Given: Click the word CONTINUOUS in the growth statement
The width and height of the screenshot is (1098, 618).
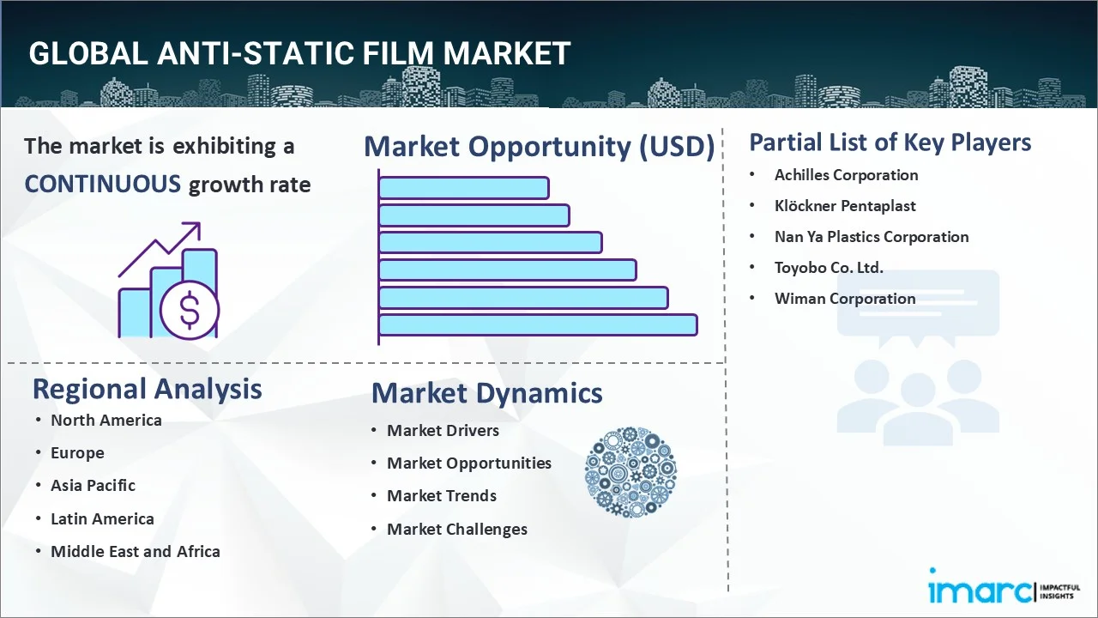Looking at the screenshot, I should point(102,184).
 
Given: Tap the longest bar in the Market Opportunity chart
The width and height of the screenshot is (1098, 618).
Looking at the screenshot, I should point(537,325).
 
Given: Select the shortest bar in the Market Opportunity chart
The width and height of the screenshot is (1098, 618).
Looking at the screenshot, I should point(463,187).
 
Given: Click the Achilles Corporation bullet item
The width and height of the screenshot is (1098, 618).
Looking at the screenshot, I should point(846,175).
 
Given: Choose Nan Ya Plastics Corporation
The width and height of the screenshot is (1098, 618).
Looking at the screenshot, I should point(871,237).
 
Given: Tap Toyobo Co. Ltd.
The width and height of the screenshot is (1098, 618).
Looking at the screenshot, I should point(828,268).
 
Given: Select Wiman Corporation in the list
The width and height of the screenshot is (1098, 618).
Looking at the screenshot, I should point(844,299).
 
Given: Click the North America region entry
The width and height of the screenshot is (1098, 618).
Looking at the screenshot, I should point(106,420).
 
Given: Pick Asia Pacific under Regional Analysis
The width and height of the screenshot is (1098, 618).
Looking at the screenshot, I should point(93,485).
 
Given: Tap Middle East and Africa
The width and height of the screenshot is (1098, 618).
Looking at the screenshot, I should point(135,551).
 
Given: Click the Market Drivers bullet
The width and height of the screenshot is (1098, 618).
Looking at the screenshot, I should point(443,430).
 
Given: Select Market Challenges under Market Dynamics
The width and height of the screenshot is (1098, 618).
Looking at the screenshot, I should point(456,530).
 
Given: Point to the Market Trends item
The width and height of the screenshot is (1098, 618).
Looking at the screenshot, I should point(441,496).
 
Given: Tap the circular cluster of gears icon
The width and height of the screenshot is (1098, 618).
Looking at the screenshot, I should point(630,473).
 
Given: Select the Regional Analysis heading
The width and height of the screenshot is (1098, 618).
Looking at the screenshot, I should point(147,389).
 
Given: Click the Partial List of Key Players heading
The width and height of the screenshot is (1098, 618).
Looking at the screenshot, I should point(890,142).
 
